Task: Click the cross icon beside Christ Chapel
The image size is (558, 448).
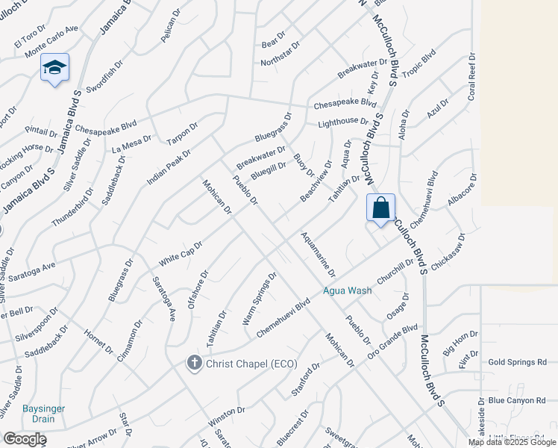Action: (194, 363)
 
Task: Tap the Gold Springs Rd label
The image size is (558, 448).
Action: (517, 362)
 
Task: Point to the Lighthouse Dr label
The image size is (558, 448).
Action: (343, 122)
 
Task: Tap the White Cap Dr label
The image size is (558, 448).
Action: (181, 254)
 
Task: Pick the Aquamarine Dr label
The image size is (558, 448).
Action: (319, 253)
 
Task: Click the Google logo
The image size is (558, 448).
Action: (24, 439)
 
